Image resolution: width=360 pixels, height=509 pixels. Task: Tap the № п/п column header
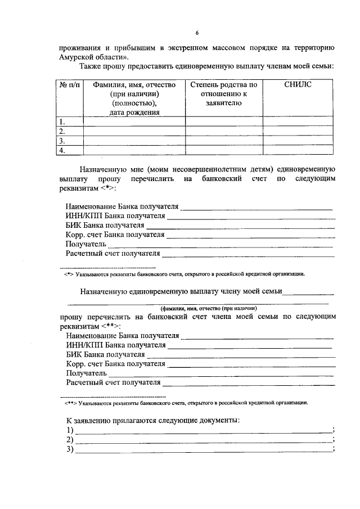[x=70, y=84]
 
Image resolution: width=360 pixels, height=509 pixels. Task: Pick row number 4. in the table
[x=62, y=150]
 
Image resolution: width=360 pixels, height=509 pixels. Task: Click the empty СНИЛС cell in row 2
[x=298, y=131]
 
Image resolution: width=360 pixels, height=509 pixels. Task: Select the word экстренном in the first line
[x=197, y=47]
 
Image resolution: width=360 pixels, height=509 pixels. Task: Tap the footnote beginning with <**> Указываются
[x=186, y=403]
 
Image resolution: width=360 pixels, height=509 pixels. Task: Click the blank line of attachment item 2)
[x=202, y=440]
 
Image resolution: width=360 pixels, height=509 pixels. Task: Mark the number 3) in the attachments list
[x=70, y=449]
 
